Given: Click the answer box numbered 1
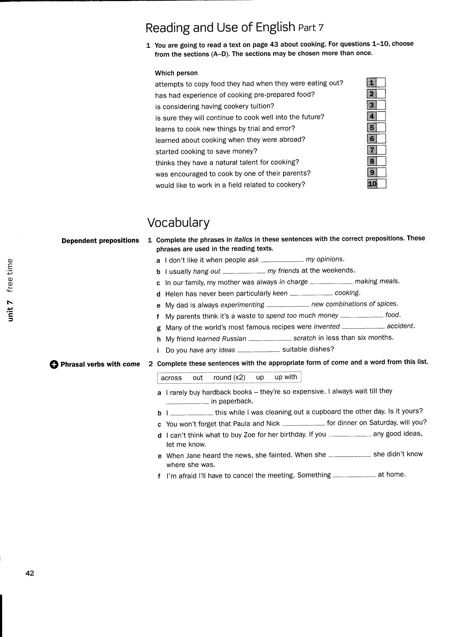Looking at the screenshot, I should [380, 83].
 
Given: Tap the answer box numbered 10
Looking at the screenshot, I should [381, 184].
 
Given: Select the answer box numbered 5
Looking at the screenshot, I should [381, 128].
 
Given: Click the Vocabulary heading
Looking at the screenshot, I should [178, 222].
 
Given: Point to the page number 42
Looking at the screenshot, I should [30, 573].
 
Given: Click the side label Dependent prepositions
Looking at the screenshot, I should [100, 241].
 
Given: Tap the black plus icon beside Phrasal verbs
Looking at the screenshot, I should [54, 365].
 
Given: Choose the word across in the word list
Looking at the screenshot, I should [171, 378].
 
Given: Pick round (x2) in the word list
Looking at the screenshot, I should [229, 377].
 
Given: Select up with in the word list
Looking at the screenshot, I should [286, 377].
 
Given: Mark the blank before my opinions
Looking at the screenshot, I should [282, 261].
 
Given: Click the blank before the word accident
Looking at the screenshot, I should [363, 328].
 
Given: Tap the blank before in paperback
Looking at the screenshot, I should [187, 403].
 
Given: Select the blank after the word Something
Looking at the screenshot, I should [354, 476].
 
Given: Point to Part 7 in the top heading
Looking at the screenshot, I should [311, 28].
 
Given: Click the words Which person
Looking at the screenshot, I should [176, 73].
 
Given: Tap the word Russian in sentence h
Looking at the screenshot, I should [234, 339].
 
